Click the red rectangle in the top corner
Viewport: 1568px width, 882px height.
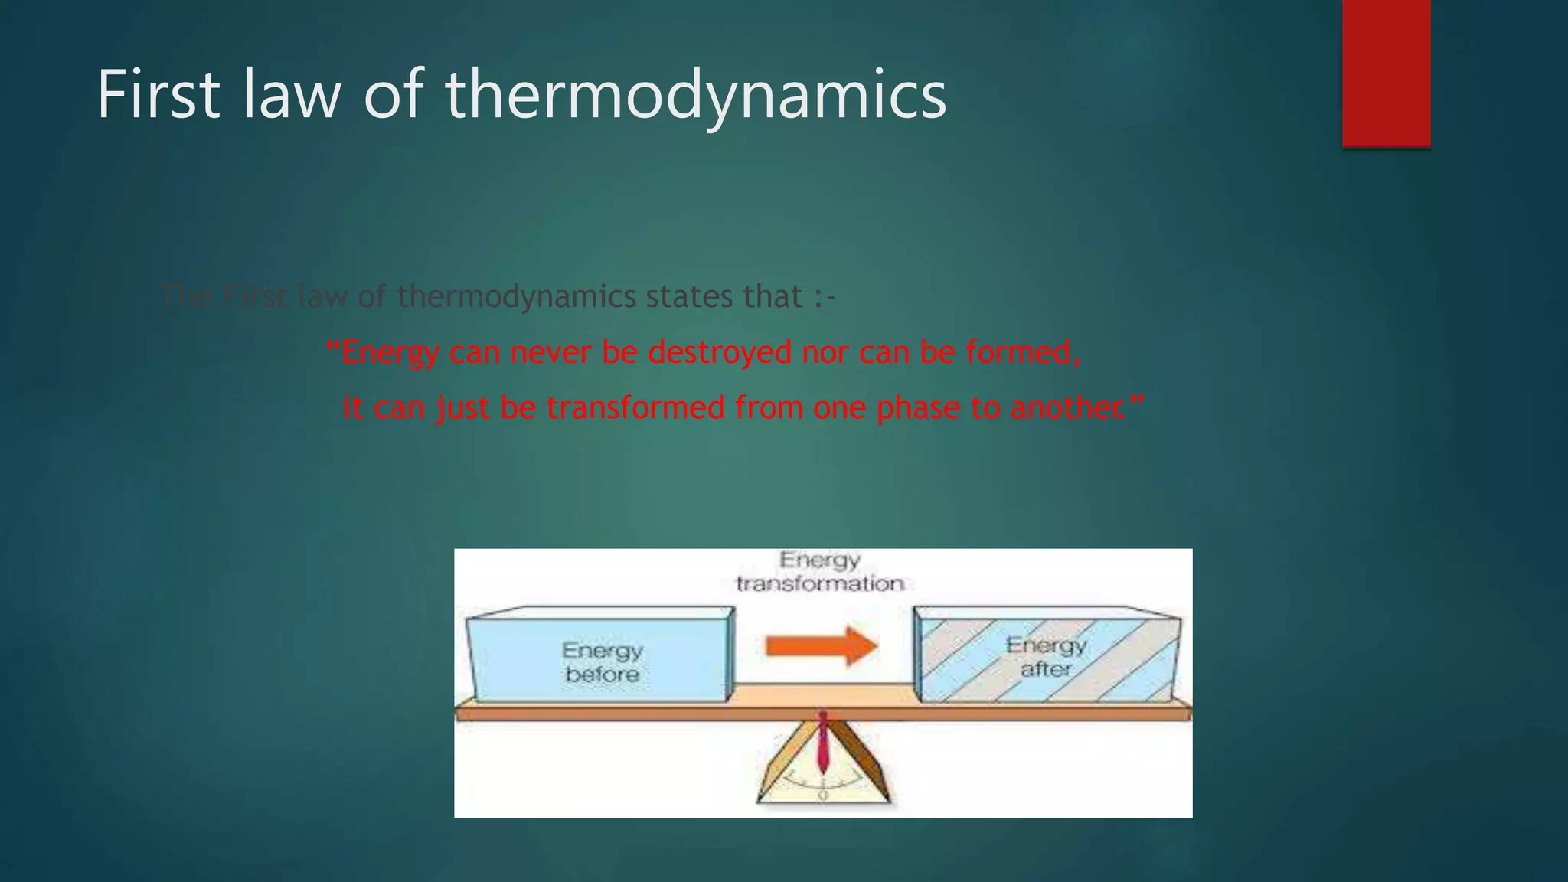1386,73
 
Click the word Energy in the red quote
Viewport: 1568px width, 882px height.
390,353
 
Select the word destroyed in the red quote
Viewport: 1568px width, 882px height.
719,353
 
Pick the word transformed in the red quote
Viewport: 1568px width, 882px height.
635,408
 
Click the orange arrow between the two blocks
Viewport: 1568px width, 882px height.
822,646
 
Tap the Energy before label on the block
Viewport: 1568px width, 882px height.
602,662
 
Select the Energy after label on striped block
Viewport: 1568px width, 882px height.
1046,657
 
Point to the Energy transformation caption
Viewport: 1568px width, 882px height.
820,572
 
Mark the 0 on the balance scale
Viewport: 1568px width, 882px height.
823,796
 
